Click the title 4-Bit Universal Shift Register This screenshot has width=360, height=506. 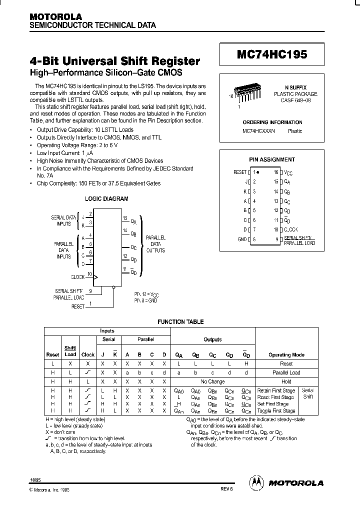click(x=115, y=61)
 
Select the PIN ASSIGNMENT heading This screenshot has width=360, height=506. click(x=272, y=159)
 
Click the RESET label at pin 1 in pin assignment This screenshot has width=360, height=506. click(x=240, y=172)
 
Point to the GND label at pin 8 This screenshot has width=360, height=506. click(x=242, y=239)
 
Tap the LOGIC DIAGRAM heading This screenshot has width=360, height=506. click(x=106, y=198)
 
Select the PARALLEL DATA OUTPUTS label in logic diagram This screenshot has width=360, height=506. click(x=155, y=243)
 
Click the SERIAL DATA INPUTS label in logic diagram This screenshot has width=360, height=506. click(x=63, y=221)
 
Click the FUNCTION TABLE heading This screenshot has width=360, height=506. click(x=180, y=322)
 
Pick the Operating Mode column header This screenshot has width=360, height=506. click(x=286, y=354)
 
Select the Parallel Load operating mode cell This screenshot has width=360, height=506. click(x=286, y=372)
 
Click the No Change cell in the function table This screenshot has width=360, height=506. click(x=212, y=381)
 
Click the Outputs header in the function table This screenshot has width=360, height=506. click(x=212, y=339)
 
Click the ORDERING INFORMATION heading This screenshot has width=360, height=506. click(x=272, y=122)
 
